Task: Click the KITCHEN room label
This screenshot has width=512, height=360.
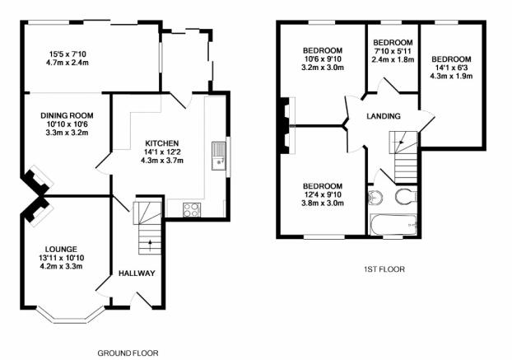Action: pyautogui.click(x=161, y=143)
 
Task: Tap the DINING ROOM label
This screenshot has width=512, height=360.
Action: pyautogui.click(x=67, y=115)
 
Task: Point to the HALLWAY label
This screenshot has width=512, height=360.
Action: pyautogui.click(x=137, y=274)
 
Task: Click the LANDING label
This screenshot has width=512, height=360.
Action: pyautogui.click(x=384, y=116)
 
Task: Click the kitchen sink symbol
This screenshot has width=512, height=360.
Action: pyautogui.click(x=218, y=156)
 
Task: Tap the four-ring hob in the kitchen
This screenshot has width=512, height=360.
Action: pyautogui.click(x=192, y=210)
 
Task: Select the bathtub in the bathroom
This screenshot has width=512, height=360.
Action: pyautogui.click(x=393, y=224)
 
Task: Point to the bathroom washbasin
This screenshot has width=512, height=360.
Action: pyautogui.click(x=375, y=198)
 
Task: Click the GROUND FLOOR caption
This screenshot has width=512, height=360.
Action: pyautogui.click(x=128, y=353)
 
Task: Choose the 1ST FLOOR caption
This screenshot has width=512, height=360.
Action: pyautogui.click(x=384, y=269)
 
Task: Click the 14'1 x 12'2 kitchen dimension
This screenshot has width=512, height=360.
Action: pyautogui.click(x=161, y=152)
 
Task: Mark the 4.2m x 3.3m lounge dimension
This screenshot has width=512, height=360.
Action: pyautogui.click(x=61, y=266)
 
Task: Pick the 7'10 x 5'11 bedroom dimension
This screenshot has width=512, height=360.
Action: pyautogui.click(x=393, y=51)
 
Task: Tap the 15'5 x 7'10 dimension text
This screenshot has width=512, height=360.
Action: pyautogui.click(x=67, y=54)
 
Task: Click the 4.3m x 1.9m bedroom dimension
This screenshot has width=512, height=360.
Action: pyautogui.click(x=451, y=76)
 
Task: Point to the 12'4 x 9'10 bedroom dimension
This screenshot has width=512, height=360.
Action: pyautogui.click(x=323, y=194)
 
